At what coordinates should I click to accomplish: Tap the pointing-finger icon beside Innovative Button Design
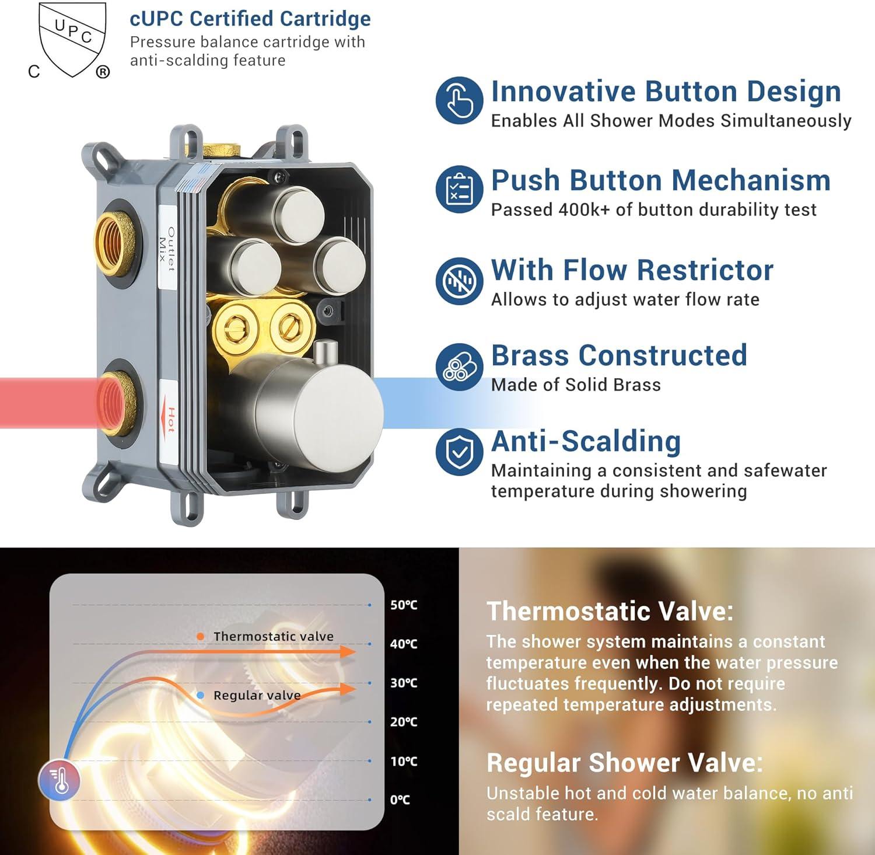click(459, 100)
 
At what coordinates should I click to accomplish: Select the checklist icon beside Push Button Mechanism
click(459, 189)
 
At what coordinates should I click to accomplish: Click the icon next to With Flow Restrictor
click(459, 281)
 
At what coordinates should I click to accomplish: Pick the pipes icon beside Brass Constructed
click(459, 367)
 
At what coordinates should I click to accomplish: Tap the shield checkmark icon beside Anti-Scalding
click(459, 452)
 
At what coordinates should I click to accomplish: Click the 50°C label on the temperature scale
click(404, 605)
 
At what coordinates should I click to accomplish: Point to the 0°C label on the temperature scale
click(400, 800)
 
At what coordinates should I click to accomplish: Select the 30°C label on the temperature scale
click(404, 683)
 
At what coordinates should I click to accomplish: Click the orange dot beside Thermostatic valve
click(201, 637)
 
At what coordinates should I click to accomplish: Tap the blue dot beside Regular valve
click(201, 695)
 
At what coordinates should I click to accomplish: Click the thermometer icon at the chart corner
click(59, 780)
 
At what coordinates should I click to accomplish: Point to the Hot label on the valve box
click(169, 420)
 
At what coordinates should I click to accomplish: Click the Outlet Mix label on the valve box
click(167, 249)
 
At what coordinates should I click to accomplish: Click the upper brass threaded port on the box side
click(116, 242)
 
